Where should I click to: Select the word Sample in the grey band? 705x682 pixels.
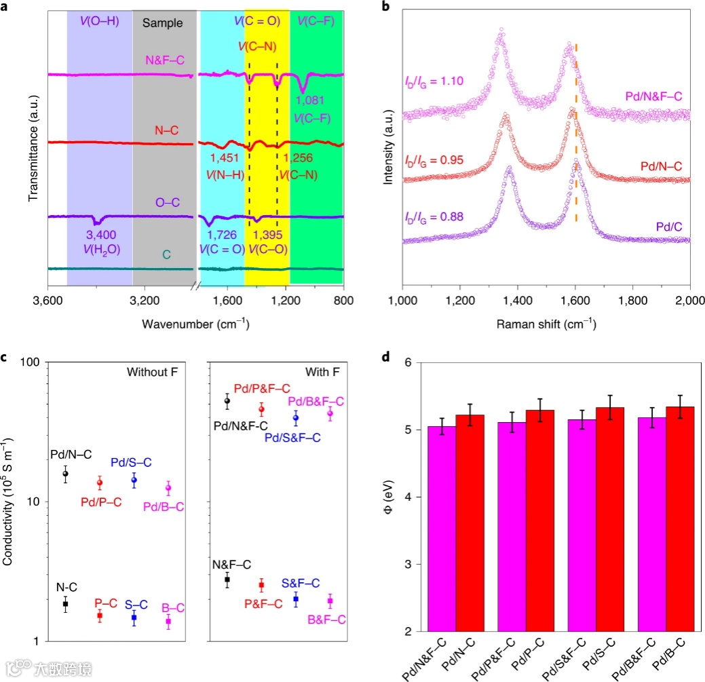point(163,23)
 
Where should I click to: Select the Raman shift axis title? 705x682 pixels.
point(546,324)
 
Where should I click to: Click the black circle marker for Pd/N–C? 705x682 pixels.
point(65,474)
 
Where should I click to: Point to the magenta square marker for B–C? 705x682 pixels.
point(168,621)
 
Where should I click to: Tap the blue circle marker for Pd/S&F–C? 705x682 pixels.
point(295,417)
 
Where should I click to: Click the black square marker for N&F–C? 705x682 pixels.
point(227,580)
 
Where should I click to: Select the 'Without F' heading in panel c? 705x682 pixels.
point(151,372)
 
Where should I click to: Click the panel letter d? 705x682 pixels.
point(386,356)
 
